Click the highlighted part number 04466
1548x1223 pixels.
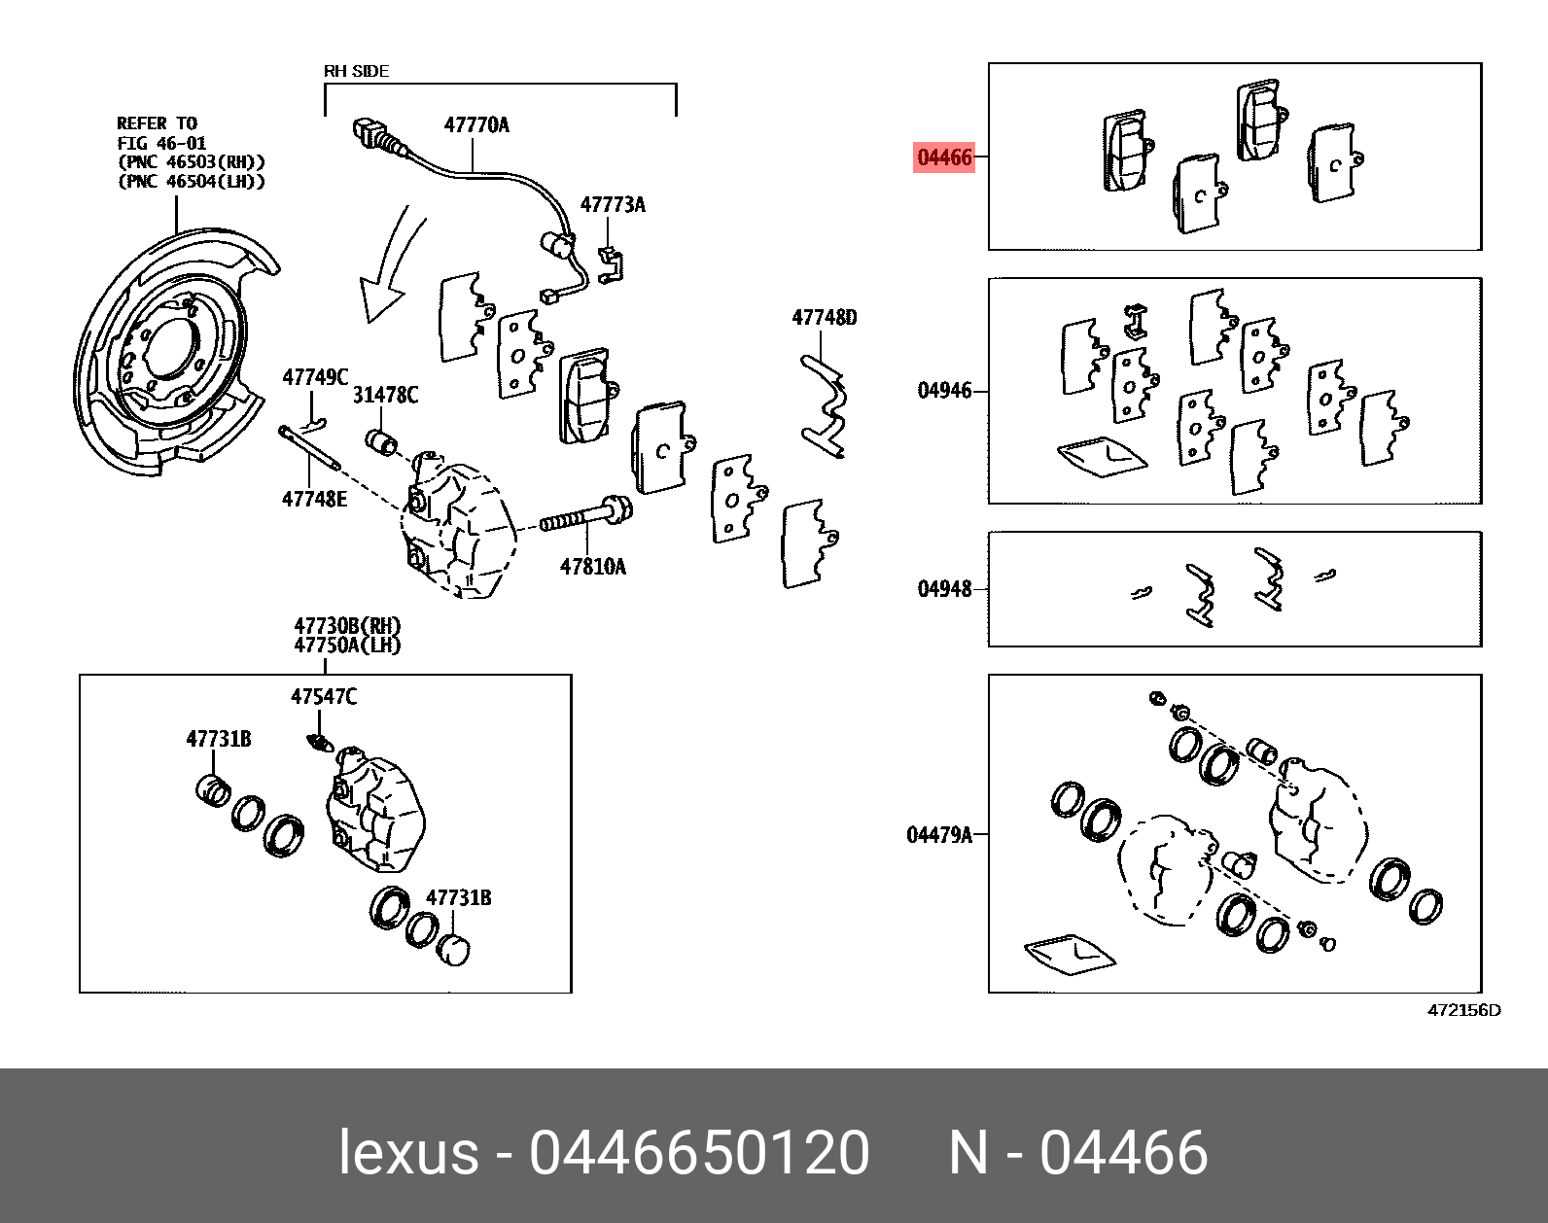[x=944, y=157]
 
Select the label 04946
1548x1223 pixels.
[x=944, y=391]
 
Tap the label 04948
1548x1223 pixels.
[x=944, y=589]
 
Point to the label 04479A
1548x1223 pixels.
[x=938, y=835]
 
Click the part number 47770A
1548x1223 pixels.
[x=476, y=125]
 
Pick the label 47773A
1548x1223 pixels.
[x=613, y=205]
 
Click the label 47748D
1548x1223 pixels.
[x=825, y=318]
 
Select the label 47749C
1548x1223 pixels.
[x=315, y=377]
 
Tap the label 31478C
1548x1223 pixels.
[x=385, y=395]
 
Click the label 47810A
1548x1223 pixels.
[x=593, y=567]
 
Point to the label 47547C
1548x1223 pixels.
[x=324, y=697]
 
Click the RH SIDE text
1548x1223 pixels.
[x=356, y=71]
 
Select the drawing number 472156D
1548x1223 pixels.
[x=1463, y=1010]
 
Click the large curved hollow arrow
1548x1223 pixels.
[x=389, y=267]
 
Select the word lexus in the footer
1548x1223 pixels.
[x=408, y=1153]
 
